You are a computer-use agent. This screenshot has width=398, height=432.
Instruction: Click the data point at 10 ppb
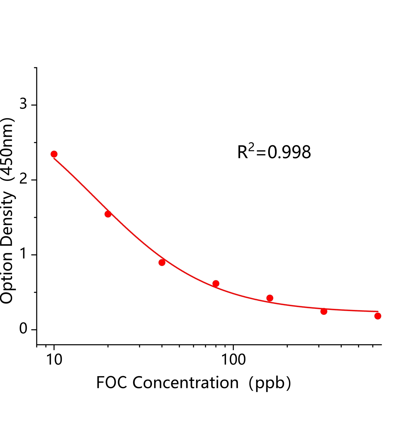54,154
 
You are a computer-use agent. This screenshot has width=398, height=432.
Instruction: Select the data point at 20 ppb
108,214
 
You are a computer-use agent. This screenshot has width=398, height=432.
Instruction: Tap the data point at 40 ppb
162,262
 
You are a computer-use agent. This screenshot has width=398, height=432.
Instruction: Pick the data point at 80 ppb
216,283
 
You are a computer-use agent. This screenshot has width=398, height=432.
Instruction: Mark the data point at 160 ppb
270,298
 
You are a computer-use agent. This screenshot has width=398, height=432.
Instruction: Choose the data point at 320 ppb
324,311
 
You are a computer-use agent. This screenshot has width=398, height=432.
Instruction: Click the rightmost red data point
378,316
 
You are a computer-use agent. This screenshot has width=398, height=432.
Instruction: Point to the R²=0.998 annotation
274,152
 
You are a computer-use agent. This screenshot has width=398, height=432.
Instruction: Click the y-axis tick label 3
24,103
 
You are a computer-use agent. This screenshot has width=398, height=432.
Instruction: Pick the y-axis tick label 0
24,329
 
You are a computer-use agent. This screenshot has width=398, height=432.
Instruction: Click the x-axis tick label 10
54,360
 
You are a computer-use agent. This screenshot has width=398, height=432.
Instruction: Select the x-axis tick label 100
233,360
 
